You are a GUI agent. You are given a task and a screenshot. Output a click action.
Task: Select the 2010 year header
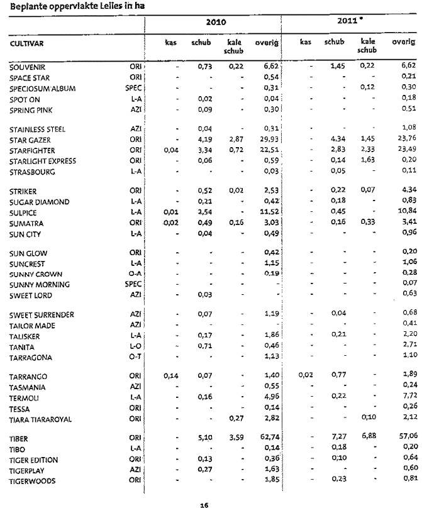point(216,22)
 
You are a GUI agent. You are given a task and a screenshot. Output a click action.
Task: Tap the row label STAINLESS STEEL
point(36,129)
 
